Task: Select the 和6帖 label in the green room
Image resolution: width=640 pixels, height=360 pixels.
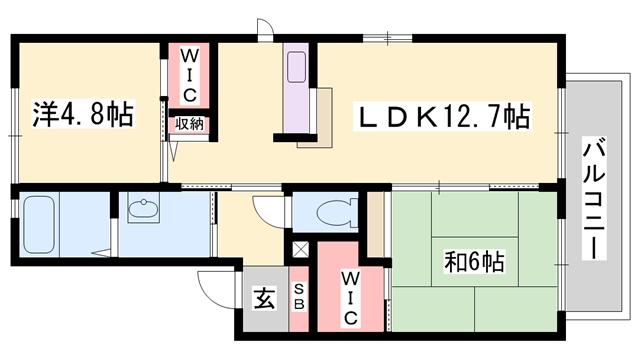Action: click(474, 262)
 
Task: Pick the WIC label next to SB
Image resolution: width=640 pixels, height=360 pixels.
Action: click(350, 296)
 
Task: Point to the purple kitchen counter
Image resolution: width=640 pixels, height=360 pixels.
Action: click(297, 90)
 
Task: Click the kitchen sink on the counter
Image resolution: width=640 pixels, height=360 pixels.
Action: click(298, 69)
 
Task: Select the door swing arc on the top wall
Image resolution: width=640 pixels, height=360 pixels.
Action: click(263, 28)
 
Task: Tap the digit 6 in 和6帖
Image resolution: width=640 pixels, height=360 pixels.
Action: click(475, 263)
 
